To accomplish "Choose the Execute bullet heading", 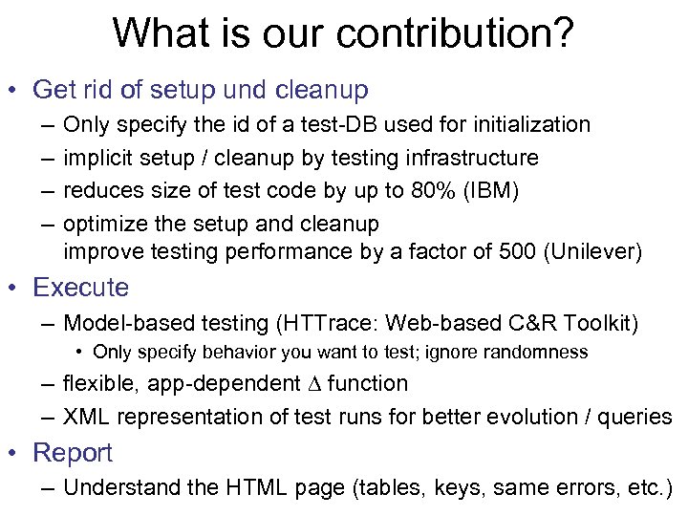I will [80, 288].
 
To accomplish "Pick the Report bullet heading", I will [73, 453].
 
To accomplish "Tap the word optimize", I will [102, 224].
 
